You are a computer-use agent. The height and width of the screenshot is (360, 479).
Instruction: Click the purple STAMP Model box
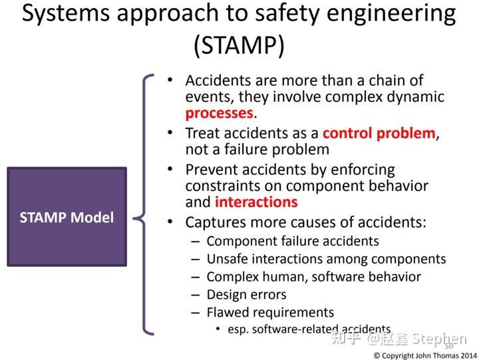[67, 217]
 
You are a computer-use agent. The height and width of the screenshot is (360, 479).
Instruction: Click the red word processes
[219, 114]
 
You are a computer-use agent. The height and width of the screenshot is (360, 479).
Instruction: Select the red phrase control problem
[379, 133]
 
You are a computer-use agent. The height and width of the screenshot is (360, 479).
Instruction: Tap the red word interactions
[255, 202]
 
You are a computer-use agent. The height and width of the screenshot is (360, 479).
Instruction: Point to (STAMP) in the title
[239, 46]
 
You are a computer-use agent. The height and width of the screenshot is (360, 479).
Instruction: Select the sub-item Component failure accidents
[292, 241]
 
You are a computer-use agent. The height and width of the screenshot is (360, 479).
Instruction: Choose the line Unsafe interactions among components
[326, 259]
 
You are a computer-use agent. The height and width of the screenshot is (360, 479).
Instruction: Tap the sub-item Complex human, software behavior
[313, 277]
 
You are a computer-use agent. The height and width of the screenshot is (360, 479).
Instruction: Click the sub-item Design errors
[246, 295]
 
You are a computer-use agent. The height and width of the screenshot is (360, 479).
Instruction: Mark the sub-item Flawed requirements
[270, 313]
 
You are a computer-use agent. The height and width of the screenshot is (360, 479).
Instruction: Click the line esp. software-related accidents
[309, 329]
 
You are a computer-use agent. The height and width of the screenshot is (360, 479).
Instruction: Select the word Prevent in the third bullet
[210, 170]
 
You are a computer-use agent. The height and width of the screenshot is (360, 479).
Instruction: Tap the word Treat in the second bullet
[202, 133]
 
